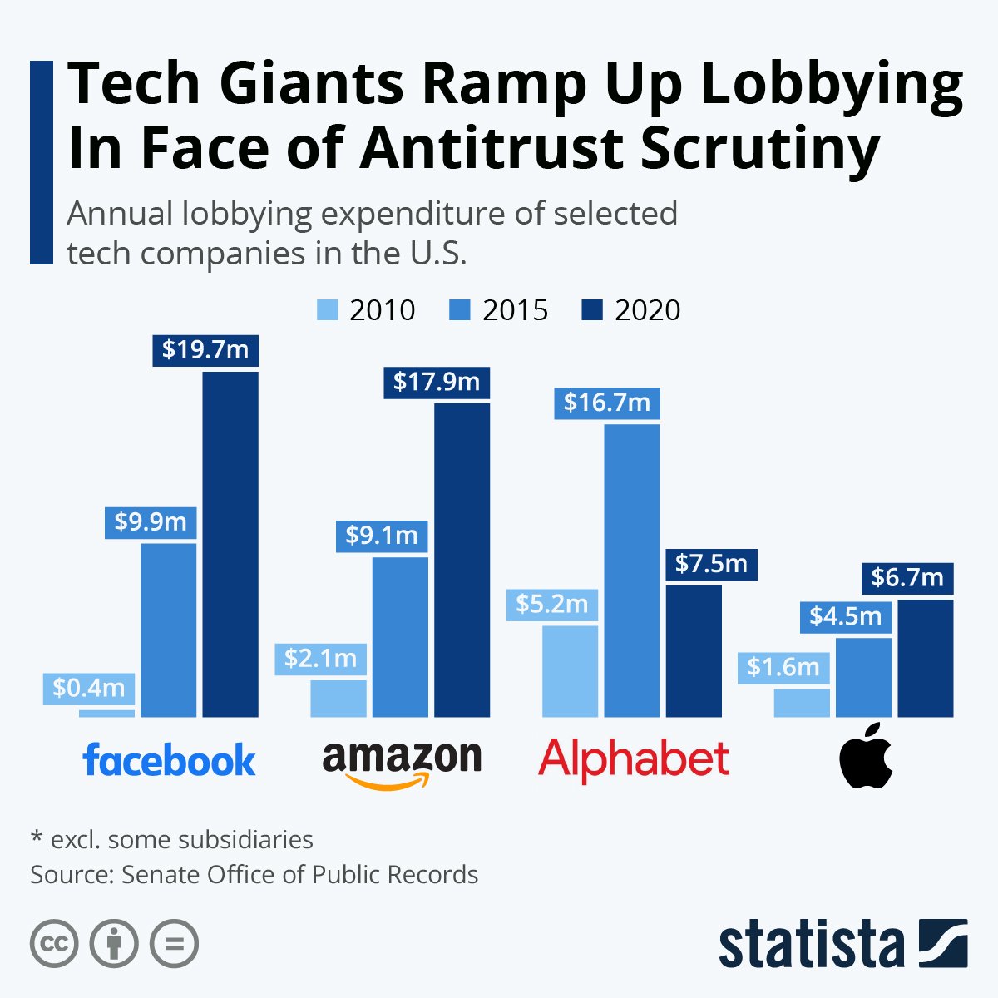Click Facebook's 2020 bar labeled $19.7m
(230, 545)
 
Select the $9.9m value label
(151, 522)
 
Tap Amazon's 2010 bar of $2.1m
(338, 699)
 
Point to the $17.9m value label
(437, 382)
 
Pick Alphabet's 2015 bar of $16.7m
(632, 570)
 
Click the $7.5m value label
(711, 564)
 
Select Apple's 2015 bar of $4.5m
(863, 677)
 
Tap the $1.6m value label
(783, 667)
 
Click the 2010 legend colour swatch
(328, 310)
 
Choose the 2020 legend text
(647, 310)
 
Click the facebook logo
(170, 759)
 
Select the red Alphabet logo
(634, 759)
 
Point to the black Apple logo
(866, 756)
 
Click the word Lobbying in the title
(832, 86)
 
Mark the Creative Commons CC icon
(54, 944)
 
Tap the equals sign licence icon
(174, 944)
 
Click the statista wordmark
(811, 945)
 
